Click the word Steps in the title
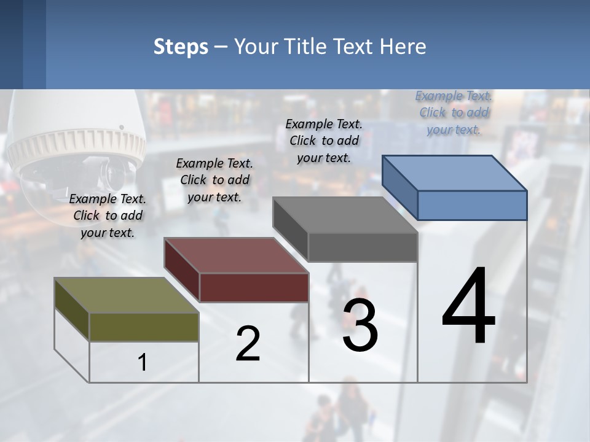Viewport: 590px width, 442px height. point(181,47)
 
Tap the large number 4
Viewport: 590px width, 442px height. point(468,307)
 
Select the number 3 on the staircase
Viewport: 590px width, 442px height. point(360,325)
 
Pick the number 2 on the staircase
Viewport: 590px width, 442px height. point(248,344)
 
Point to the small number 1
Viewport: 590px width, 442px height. point(143,363)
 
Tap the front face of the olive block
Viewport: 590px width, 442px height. point(144,327)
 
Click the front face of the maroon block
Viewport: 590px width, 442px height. point(253,287)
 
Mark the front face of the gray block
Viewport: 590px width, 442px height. point(363,247)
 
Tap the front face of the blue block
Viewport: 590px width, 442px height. point(472,205)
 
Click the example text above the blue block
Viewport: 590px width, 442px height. point(454,113)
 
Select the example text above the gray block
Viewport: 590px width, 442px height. point(324,141)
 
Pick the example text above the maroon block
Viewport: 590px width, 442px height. point(214,180)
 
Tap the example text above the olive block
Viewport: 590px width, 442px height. point(108,215)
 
